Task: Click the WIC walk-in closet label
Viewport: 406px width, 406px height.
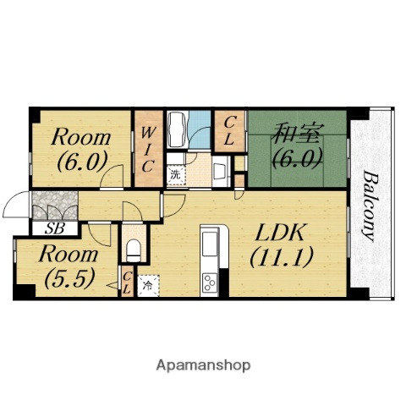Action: (148, 149)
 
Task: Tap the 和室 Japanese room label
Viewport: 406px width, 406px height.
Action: (298, 133)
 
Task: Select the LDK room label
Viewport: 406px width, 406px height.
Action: (280, 233)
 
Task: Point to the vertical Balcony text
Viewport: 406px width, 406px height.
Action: (370, 206)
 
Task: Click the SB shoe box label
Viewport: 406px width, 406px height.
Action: (55, 228)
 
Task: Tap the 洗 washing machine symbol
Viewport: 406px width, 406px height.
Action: (176, 175)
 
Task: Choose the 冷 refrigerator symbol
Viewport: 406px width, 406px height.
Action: (148, 286)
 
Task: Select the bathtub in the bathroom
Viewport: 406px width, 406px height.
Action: (177, 129)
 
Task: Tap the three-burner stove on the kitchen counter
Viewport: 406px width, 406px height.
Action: (210, 283)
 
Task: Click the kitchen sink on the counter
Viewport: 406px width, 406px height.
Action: (210, 244)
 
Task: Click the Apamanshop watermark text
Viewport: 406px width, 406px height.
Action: (203, 365)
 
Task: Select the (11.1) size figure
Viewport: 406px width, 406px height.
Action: (282, 257)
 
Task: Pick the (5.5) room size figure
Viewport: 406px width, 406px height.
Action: (69, 277)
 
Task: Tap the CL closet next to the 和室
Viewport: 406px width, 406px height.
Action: (229, 131)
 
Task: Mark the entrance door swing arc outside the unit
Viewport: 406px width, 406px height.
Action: (11, 199)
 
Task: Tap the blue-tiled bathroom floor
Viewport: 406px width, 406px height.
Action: (200, 129)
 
